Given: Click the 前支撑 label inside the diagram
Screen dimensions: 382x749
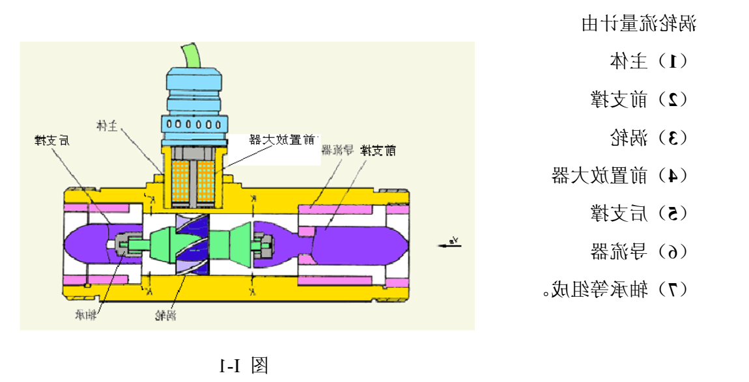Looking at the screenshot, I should [378, 151].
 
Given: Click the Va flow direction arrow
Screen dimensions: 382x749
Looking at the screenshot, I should [447, 243].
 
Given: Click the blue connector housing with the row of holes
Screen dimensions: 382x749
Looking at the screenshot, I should [193, 124].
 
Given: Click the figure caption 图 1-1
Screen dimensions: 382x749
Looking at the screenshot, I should [244, 365].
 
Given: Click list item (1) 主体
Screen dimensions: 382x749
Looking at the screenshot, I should [648, 62].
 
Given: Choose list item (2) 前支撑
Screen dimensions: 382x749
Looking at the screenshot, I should [638, 100].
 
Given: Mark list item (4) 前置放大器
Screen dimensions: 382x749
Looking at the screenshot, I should [619, 176].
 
